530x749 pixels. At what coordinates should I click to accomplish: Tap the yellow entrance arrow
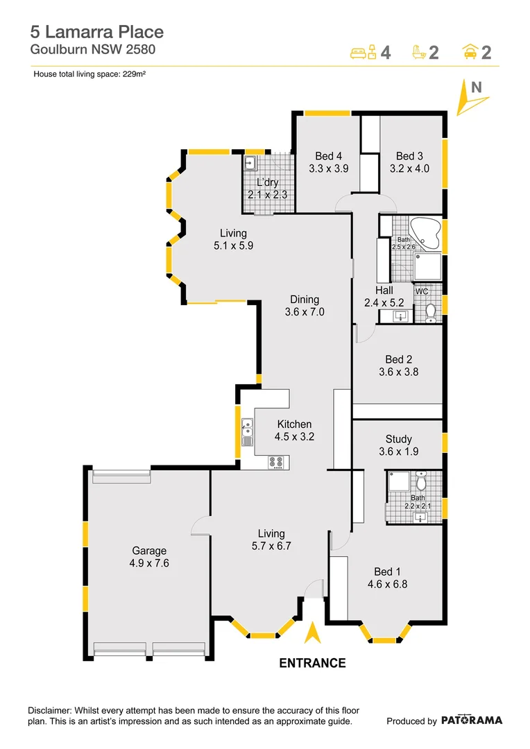click(x=312, y=633)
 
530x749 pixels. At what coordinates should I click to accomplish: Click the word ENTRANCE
click(x=312, y=663)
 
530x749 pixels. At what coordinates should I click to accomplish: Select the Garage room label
click(x=148, y=551)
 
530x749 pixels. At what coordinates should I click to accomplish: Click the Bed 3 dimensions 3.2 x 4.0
click(x=409, y=168)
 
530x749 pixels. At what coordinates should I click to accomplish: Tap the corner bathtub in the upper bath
click(x=424, y=233)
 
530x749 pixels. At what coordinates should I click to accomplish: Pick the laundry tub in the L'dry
click(x=250, y=164)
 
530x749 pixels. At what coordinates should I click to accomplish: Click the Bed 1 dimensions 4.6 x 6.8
click(x=387, y=584)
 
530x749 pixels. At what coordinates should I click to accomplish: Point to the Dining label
click(x=305, y=300)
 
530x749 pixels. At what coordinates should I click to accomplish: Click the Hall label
click(x=384, y=291)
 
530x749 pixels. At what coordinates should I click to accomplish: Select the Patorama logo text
click(x=471, y=721)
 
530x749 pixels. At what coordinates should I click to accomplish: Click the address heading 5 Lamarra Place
click(x=96, y=32)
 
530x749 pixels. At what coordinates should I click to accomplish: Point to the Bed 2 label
click(x=399, y=359)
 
